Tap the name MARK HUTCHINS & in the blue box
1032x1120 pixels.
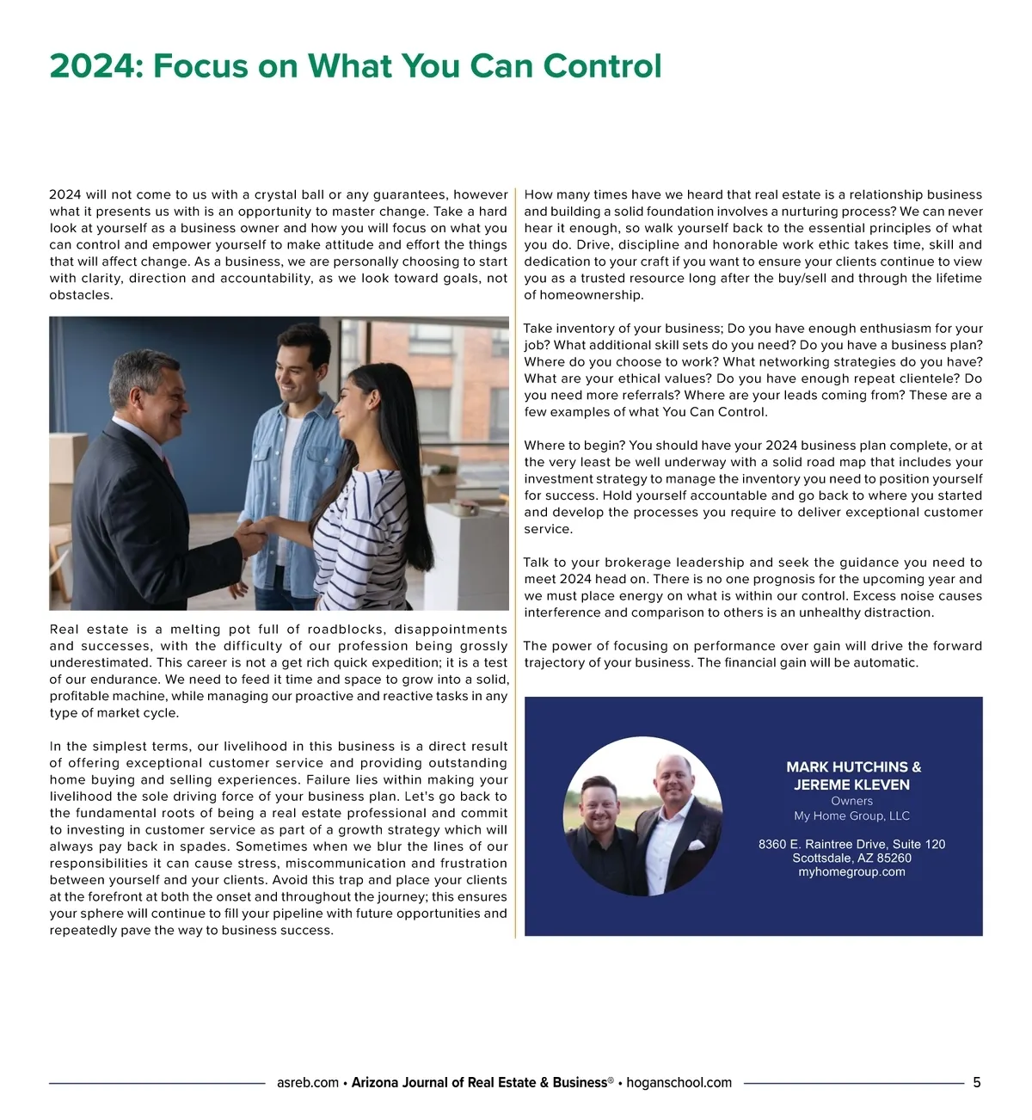[x=853, y=766]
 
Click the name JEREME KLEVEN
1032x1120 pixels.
[x=851, y=785]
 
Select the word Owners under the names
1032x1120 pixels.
[x=851, y=801]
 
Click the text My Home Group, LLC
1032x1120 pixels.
[x=851, y=815]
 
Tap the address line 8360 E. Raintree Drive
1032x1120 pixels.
[x=851, y=844]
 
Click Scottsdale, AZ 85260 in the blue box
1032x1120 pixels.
[x=851, y=858]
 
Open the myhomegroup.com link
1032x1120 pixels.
[x=851, y=871]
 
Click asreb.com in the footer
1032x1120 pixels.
[x=308, y=1082]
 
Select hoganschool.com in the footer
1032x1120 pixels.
[x=679, y=1082]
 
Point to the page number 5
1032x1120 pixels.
[x=976, y=1082]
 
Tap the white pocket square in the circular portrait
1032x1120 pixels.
[x=695, y=844]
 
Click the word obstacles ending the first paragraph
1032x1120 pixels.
[x=80, y=295]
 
